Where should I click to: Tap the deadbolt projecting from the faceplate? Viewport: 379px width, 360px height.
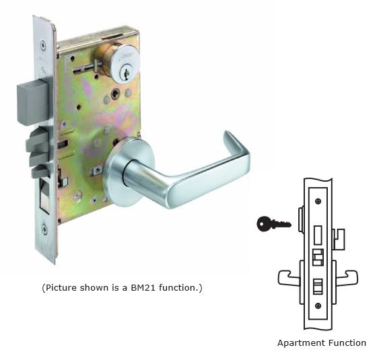pyautogui.click(x=33, y=104)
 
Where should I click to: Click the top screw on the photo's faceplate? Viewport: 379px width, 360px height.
pyautogui.click(x=43, y=45)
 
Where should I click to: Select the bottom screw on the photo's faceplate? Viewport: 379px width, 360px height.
pyautogui.click(x=44, y=229)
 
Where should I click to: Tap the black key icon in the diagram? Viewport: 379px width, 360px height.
pyautogui.click(x=274, y=224)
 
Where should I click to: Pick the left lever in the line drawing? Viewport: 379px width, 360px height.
pyautogui.click(x=289, y=279)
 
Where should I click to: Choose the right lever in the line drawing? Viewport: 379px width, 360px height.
pyautogui.click(x=347, y=279)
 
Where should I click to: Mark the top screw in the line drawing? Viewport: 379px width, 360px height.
pyautogui.click(x=318, y=201)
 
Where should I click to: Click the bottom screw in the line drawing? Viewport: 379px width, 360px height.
pyautogui.click(x=318, y=306)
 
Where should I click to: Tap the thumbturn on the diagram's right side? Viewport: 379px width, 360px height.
pyautogui.click(x=339, y=239)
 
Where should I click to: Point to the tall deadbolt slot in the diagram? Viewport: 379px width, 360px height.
pyautogui.click(x=318, y=235)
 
